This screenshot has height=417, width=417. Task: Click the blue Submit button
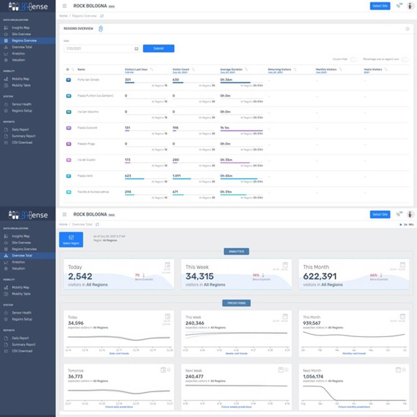click(158, 48)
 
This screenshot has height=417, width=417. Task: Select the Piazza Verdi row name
click(85, 176)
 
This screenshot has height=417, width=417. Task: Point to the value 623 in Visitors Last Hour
click(128, 176)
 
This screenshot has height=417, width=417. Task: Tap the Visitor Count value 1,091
click(176, 176)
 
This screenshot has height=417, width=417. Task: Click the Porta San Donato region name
click(88, 80)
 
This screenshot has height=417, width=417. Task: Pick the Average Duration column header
click(231, 69)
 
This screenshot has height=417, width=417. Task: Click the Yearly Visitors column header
click(373, 69)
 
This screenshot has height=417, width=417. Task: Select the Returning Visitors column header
click(279, 69)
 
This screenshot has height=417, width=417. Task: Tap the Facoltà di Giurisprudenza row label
click(93, 192)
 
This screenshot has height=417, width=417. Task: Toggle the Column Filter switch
click(354, 59)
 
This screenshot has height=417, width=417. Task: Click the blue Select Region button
click(71, 239)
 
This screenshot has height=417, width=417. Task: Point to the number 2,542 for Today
click(80, 276)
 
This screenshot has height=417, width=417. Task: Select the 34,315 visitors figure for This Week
click(199, 276)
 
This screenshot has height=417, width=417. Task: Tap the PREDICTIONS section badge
click(236, 303)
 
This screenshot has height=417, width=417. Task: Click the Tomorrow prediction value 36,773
click(76, 377)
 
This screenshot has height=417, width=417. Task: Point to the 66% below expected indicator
click(374, 275)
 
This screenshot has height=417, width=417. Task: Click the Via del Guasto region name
click(87, 160)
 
